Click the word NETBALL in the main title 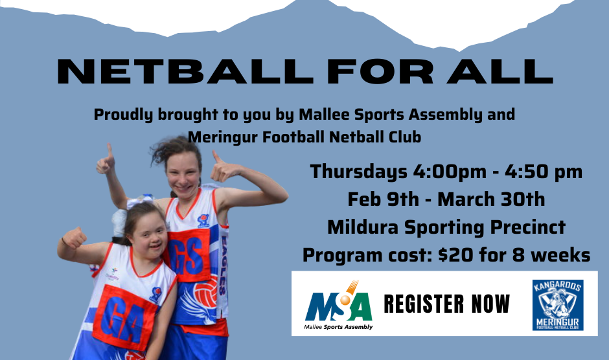tap(185, 71)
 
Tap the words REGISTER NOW tap(446, 304)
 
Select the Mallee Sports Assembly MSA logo tap(338, 306)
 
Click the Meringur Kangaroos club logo tap(558, 305)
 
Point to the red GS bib tap(189, 254)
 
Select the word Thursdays tap(358, 172)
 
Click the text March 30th tap(491, 199)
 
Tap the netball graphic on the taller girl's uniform tap(206, 291)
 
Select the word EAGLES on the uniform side tap(224, 265)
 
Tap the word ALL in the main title tap(500, 71)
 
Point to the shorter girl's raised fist tap(74, 238)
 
